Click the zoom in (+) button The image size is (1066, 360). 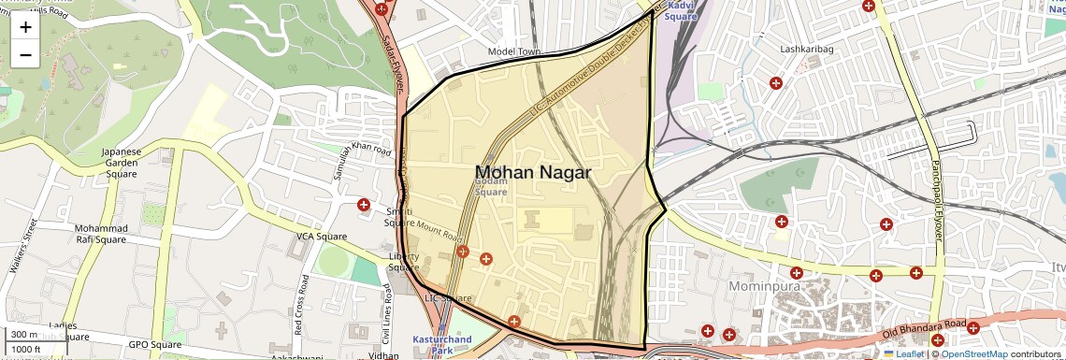pyautogui.click(x=25, y=26)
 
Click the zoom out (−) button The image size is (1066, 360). pyautogui.click(x=25, y=54)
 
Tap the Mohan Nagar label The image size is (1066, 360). pyautogui.click(x=533, y=173)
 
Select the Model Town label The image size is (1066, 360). pyautogui.click(x=514, y=52)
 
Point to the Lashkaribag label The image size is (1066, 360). pyautogui.click(x=806, y=49)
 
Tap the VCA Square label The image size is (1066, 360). pyautogui.click(x=322, y=237)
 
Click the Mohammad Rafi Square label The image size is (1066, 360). pyautogui.click(x=100, y=234)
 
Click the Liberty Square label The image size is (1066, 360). pyautogui.click(x=403, y=262)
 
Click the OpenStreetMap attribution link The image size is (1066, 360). pyautogui.click(x=974, y=353)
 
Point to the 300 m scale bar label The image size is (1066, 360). pyautogui.click(x=24, y=335)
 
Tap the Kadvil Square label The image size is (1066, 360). pyautogui.click(x=681, y=10)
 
